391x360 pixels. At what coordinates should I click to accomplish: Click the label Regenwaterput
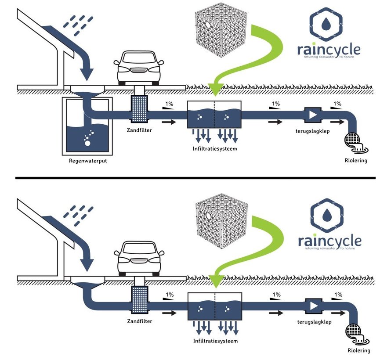[88, 161]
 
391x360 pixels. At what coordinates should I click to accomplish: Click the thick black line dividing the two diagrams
[195, 178]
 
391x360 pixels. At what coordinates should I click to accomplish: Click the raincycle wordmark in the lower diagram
[329, 241]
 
